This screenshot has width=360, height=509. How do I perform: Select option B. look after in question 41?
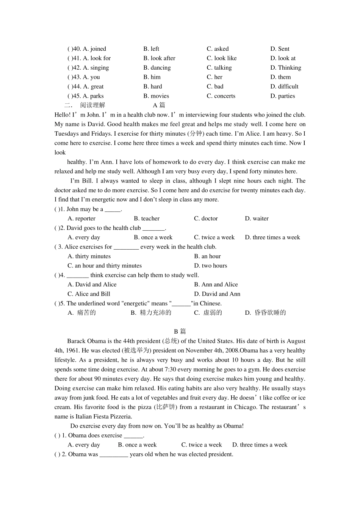(159, 58)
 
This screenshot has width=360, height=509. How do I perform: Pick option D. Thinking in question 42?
(286, 68)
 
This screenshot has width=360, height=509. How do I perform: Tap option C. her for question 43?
(214, 77)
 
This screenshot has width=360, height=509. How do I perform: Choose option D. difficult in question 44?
(284, 86)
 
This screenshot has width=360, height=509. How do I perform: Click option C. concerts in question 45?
(221, 96)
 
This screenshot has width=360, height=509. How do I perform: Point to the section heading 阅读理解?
(92, 105)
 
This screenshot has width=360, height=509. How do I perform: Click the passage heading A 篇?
(159, 105)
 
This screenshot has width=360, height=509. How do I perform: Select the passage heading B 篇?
(180, 331)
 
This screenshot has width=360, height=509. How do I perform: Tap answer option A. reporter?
(81, 219)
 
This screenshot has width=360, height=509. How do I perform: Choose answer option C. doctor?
(206, 219)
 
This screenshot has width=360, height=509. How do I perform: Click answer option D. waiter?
(257, 219)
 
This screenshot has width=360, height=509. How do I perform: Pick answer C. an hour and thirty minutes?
(105, 265)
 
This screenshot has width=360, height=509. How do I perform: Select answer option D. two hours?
(211, 265)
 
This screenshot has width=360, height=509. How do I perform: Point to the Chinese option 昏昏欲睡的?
(270, 312)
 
